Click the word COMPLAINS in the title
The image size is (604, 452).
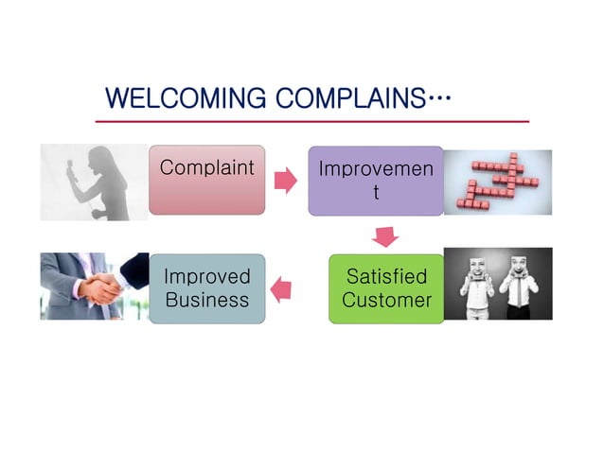point(349,98)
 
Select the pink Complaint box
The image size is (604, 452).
point(206,181)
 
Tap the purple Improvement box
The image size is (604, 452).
point(376,181)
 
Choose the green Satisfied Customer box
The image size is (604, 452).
point(386,288)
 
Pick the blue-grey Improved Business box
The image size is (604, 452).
point(206,288)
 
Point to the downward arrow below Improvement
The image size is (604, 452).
point(386,235)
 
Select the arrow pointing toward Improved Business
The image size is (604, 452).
point(281,287)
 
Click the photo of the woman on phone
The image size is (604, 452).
point(95,182)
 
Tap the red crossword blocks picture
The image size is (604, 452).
point(497,182)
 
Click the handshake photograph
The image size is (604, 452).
point(95,286)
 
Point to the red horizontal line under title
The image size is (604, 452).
point(311,122)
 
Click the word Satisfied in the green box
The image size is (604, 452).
point(386,277)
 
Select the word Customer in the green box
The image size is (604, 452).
point(386,301)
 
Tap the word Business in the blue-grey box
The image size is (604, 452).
point(206,301)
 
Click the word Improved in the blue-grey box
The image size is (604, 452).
point(206,277)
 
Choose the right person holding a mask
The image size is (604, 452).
point(518,284)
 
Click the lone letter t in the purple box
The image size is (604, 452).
point(376,194)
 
